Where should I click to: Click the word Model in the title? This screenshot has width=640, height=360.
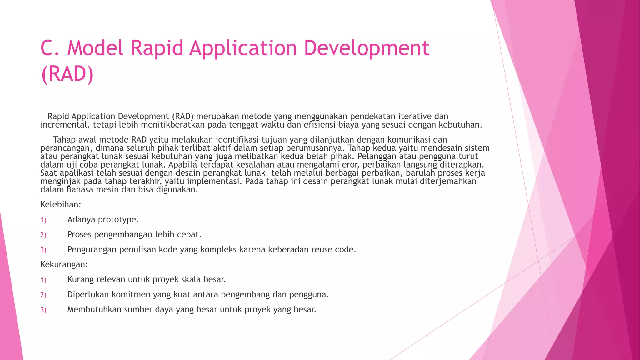(95, 48)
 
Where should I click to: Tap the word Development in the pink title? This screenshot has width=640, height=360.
(366, 48)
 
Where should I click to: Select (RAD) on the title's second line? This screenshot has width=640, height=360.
(67, 74)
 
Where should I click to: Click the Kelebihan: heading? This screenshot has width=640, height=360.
(61, 205)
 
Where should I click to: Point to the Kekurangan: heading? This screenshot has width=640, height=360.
(64, 265)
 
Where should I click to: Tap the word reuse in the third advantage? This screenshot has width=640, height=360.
(322, 250)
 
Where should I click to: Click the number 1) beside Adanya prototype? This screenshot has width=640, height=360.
(43, 220)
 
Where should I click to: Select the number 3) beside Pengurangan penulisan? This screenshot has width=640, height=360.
(43, 250)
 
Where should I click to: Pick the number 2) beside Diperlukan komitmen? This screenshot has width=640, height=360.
(43, 295)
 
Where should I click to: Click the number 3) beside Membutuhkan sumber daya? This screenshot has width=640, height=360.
(43, 310)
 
